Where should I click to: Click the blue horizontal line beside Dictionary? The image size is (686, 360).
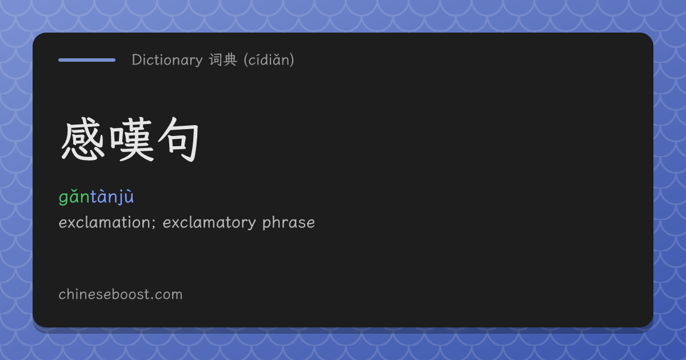point(87,60)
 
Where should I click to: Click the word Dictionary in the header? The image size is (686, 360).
point(167,60)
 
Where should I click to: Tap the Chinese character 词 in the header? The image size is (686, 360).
point(216,59)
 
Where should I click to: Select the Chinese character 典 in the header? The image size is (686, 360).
point(230,59)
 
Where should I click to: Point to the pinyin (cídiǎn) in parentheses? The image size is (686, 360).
point(269,60)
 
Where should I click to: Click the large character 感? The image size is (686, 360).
point(83,139)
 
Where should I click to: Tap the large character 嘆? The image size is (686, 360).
point(131,139)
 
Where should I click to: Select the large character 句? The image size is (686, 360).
point(178,139)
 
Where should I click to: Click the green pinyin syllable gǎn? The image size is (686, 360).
point(74,197)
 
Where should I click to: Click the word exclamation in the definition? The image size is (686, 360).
point(104,222)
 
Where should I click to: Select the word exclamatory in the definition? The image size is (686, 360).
point(209,223)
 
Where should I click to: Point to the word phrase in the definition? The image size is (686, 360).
point(289,223)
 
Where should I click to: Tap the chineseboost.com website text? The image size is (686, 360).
point(121,294)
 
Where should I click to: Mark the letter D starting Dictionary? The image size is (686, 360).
point(137,59)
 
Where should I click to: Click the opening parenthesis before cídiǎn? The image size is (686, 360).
point(246,60)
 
